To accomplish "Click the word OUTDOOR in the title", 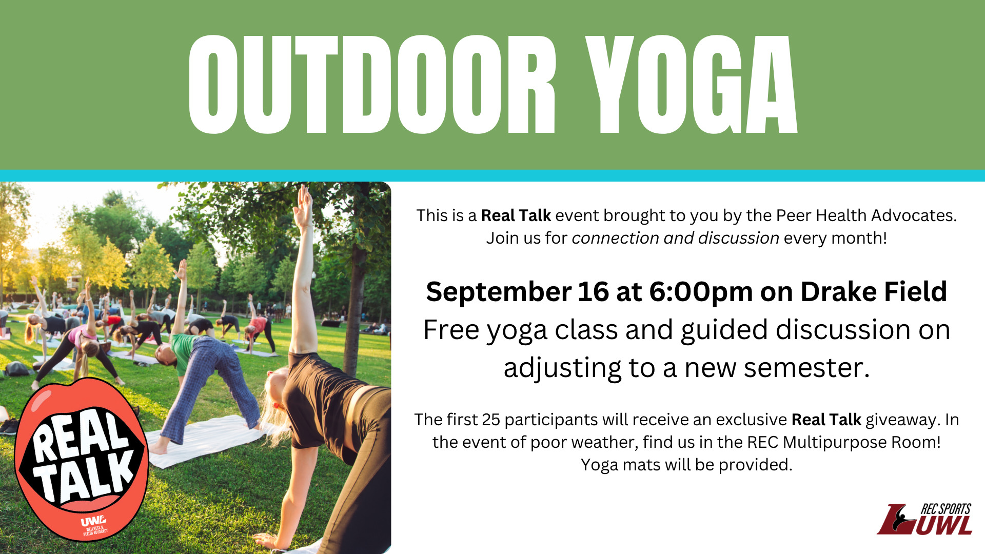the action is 372,85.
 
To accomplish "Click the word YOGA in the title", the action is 692,85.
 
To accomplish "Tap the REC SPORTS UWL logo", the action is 924,519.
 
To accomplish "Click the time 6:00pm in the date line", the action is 701,292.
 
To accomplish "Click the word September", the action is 498,292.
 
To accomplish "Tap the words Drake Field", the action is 873,291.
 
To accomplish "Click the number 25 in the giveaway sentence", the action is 491,420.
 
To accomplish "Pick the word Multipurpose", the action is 835,442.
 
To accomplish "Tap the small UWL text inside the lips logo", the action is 93,521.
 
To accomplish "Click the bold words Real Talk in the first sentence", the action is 516,215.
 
